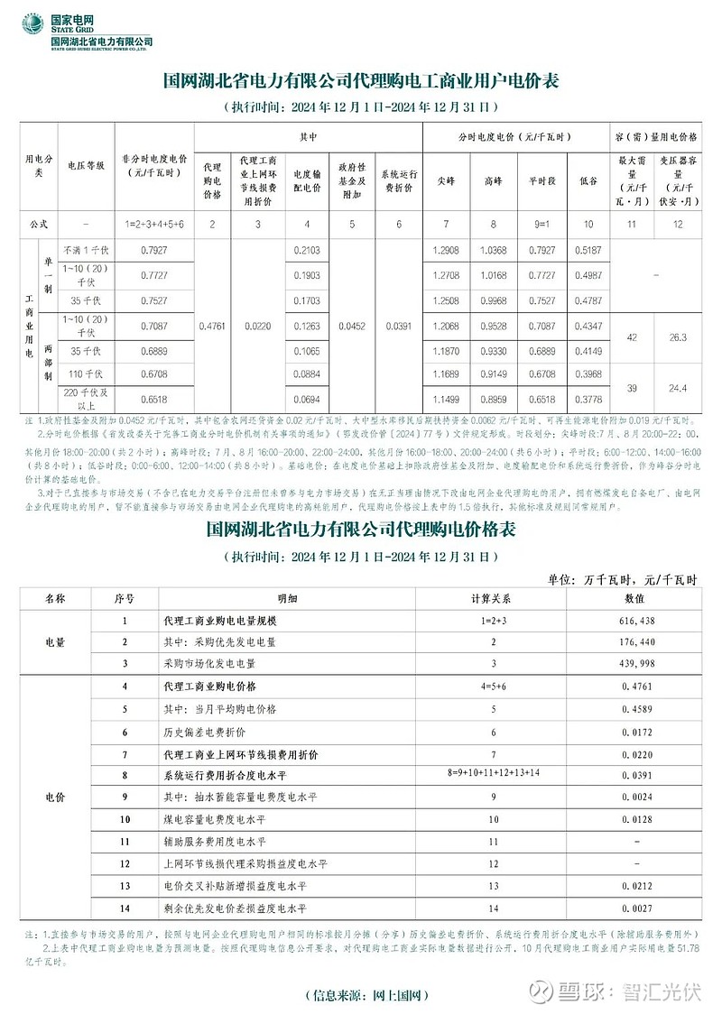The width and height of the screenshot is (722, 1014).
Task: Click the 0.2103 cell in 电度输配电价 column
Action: click(308, 249)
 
